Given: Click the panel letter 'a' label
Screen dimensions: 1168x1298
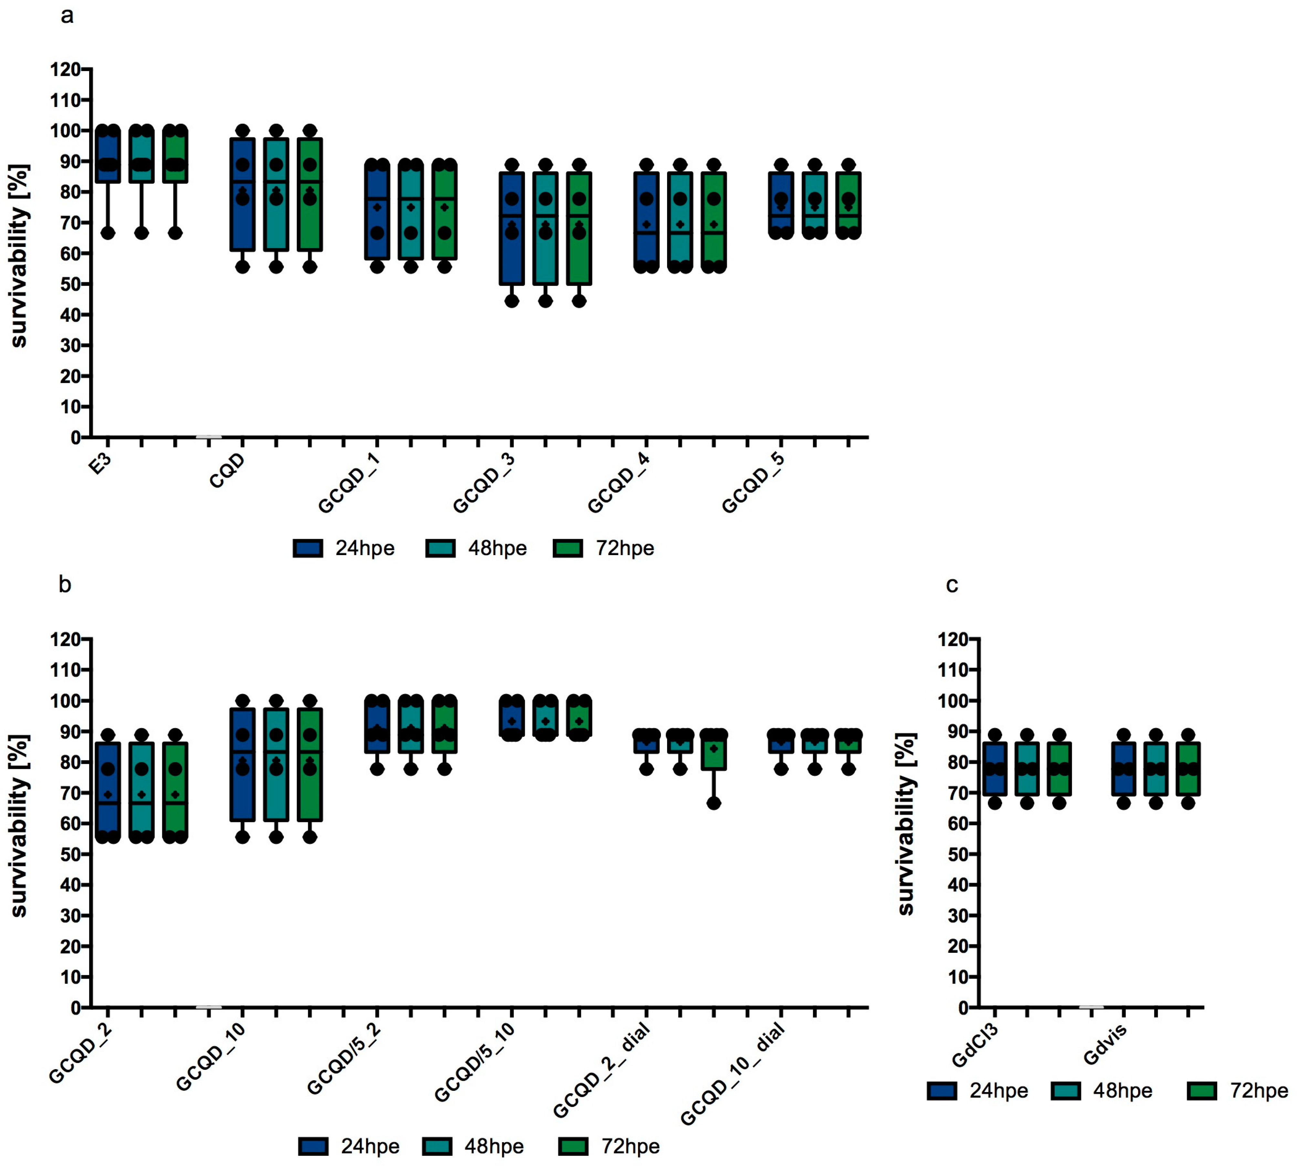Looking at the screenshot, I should coord(67,16).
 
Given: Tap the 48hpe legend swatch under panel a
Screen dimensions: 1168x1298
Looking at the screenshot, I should coord(440,548).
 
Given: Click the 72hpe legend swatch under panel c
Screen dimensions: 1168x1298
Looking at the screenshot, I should coord(1202,1091).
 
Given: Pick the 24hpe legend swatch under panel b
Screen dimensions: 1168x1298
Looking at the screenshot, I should coord(313,1146).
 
